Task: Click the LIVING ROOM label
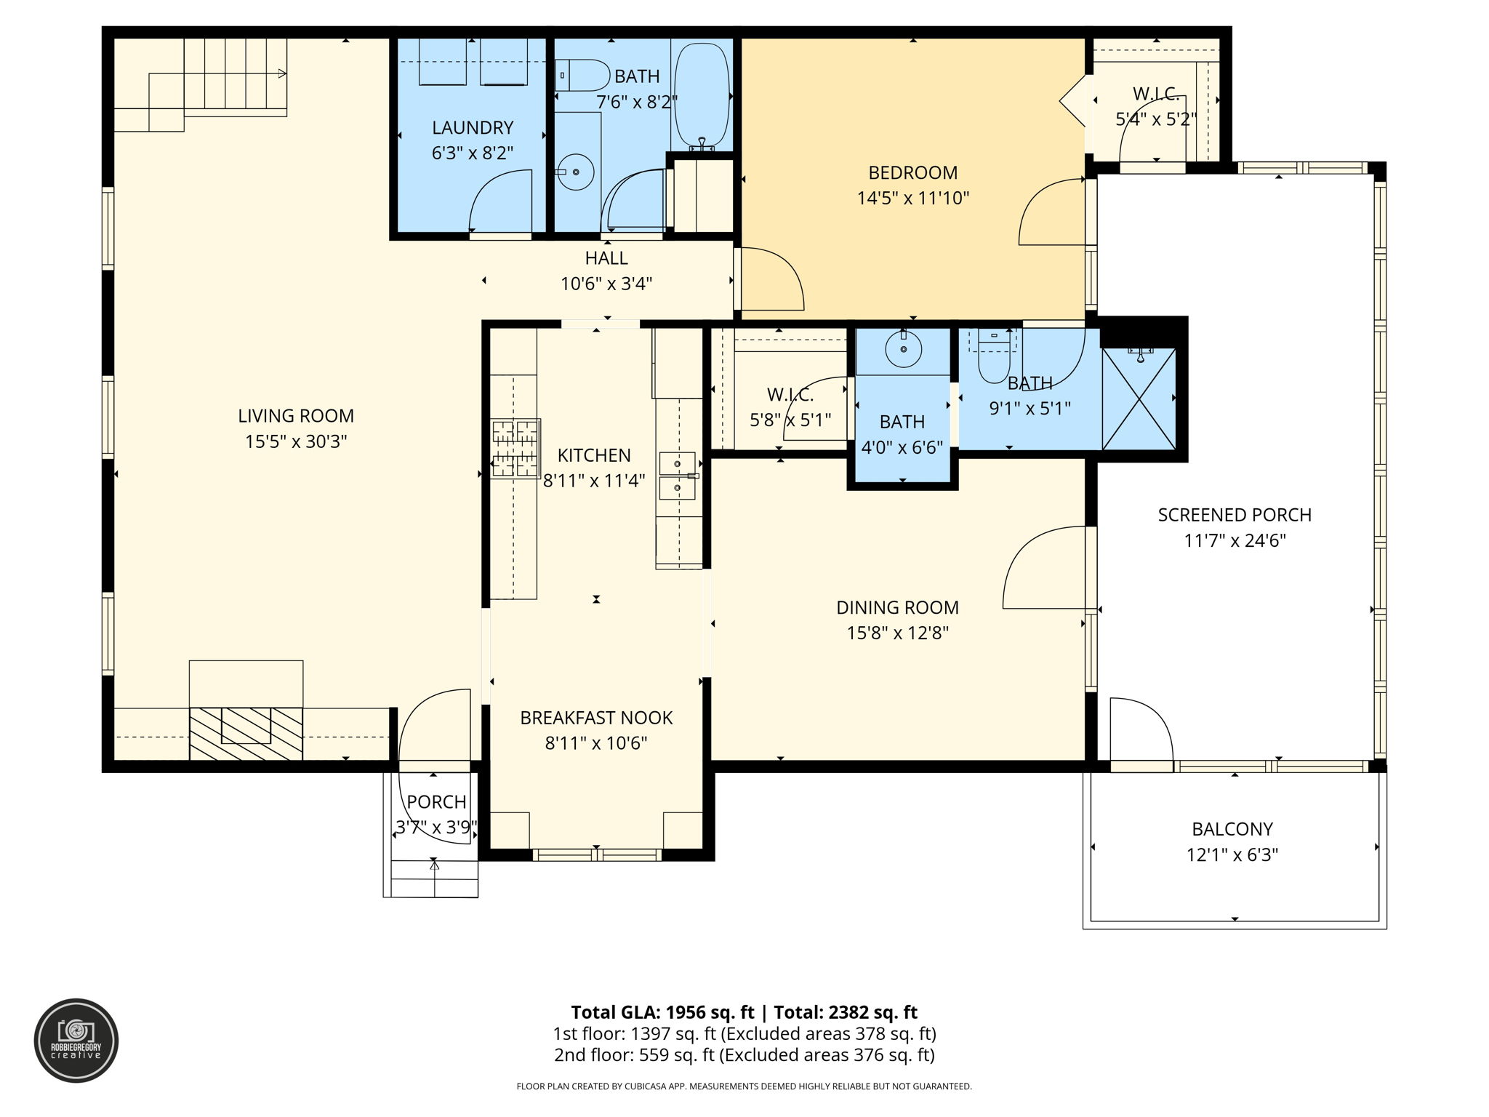click(296, 416)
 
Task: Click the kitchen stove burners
click(515, 448)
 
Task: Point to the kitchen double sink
click(677, 476)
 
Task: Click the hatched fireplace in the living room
click(246, 733)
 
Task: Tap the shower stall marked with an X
click(1139, 399)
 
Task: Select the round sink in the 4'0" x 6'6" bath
click(903, 351)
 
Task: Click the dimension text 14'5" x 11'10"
click(913, 198)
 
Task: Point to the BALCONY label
click(1232, 829)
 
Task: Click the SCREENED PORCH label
click(1235, 515)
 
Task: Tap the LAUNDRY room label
click(473, 128)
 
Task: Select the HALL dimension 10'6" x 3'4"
click(606, 284)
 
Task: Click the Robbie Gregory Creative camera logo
click(76, 1041)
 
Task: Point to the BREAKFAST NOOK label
click(596, 718)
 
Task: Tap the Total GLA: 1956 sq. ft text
click(665, 1012)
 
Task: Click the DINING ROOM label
click(897, 607)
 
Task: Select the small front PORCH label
click(436, 802)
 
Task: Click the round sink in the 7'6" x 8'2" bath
click(576, 172)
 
